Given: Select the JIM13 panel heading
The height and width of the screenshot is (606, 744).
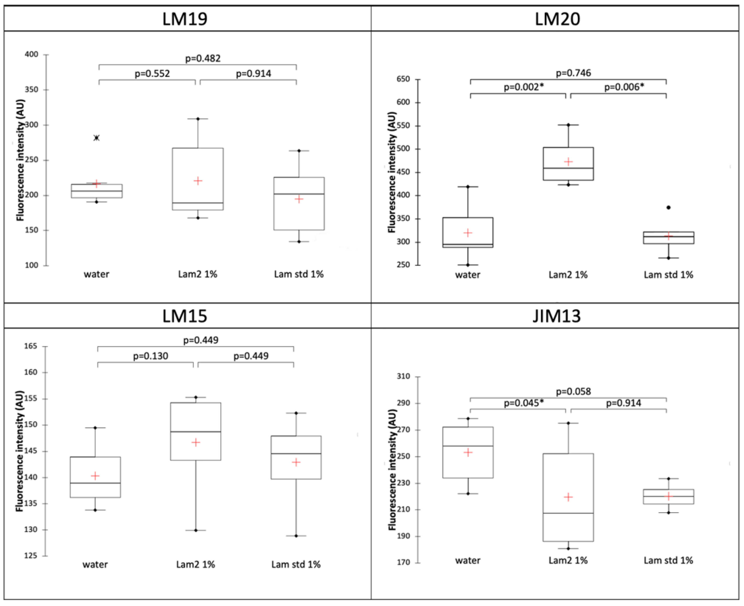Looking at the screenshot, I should (557, 316).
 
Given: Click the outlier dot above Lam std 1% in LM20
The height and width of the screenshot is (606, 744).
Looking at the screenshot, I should (668, 208).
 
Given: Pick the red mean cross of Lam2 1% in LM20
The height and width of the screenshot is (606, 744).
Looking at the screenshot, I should (568, 162).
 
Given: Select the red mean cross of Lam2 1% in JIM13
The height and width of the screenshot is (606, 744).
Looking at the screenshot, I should (568, 497).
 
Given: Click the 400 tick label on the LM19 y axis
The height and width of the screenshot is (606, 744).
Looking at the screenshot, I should (31, 54).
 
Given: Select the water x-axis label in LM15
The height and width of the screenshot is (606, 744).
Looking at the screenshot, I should (95, 564).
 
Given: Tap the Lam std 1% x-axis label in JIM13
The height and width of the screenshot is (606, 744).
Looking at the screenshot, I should (668, 560).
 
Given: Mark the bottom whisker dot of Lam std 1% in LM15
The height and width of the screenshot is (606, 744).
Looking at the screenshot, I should (296, 536).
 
